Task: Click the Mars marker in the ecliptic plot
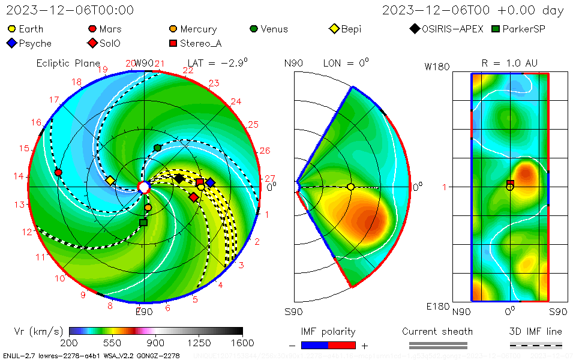pyautogui.click(x=58, y=172)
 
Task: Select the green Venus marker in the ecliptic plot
pyautogui.click(x=158, y=148)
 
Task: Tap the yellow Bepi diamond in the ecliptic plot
pyautogui.click(x=110, y=180)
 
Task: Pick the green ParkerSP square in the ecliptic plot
pyautogui.click(x=143, y=223)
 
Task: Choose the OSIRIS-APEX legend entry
pyautogui.click(x=447, y=29)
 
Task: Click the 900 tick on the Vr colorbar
pyautogui.click(x=156, y=343)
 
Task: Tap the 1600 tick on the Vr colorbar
pyautogui.click(x=242, y=343)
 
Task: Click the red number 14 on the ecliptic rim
pyautogui.click(x=19, y=176)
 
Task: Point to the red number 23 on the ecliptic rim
pyautogui.click(x=214, y=83)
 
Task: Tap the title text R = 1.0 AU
pyautogui.click(x=509, y=63)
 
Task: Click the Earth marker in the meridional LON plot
pyautogui.click(x=351, y=187)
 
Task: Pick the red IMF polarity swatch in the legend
pyautogui.click(x=342, y=345)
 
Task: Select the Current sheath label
pyautogui.click(x=437, y=331)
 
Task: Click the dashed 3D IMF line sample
pyautogui.click(x=536, y=345)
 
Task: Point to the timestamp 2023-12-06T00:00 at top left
pyautogui.click(x=70, y=10)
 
